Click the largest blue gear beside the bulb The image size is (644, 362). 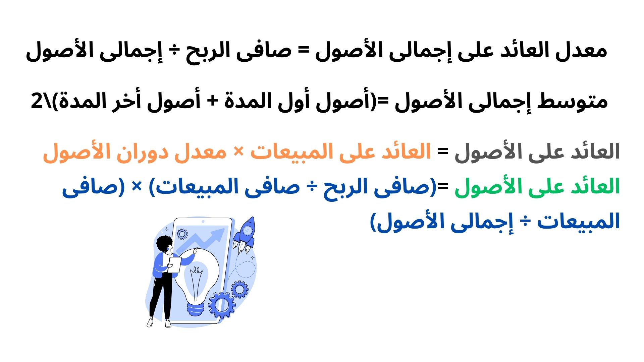tap(221, 305)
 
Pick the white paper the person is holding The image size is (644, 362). tap(174, 265)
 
